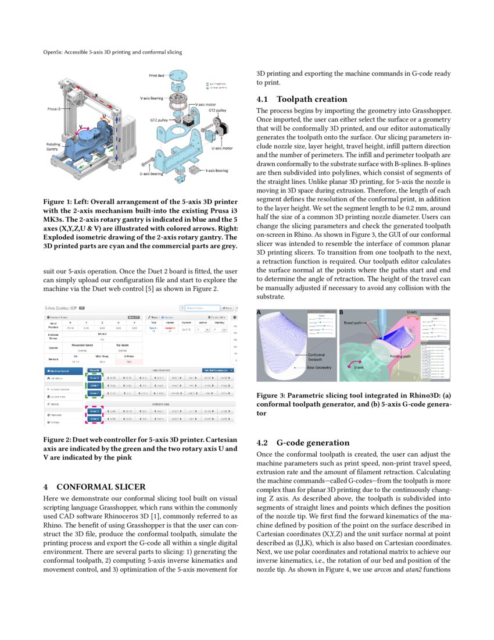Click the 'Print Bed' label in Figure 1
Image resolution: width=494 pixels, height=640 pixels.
click(x=156, y=76)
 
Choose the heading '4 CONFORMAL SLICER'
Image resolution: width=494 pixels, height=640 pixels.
click(x=95, y=486)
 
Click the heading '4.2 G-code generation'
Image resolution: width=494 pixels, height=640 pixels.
click(x=304, y=443)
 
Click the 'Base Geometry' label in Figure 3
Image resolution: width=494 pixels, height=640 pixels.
click(x=320, y=368)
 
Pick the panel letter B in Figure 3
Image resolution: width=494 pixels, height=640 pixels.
click(x=342, y=313)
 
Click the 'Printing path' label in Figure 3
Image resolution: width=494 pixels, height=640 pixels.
click(x=400, y=356)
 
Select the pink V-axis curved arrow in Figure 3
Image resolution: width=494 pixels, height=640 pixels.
click(x=352, y=365)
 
